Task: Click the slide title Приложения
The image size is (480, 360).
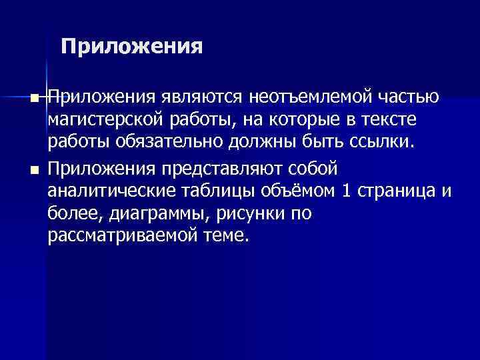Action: pos(131,47)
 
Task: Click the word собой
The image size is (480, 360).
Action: pos(315,166)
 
